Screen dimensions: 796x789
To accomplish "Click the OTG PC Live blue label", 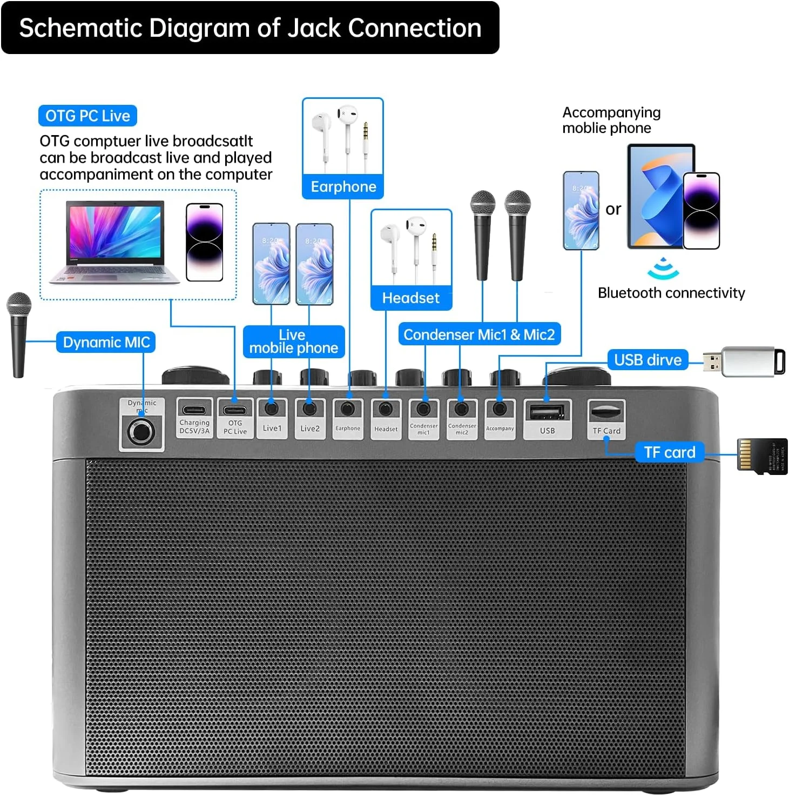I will pyautogui.click(x=87, y=116).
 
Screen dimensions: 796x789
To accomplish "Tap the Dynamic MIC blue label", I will pyautogui.click(x=106, y=343).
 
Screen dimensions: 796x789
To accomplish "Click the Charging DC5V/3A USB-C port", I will pyautogui.click(x=194, y=410).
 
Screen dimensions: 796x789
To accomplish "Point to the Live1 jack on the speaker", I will pyautogui.click(x=272, y=408).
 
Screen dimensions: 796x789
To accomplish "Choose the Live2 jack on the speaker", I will pyautogui.click(x=309, y=408).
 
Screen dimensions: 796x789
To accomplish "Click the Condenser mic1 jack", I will pyautogui.click(x=424, y=409).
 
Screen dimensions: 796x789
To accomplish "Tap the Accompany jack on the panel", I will pyautogui.click(x=500, y=409).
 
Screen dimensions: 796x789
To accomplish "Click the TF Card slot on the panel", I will pyautogui.click(x=606, y=412).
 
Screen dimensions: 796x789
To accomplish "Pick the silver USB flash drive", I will pyautogui.click(x=745, y=362).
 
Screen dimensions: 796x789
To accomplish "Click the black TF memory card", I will pyautogui.click(x=762, y=457).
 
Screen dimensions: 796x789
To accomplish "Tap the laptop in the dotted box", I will pyautogui.click(x=114, y=242).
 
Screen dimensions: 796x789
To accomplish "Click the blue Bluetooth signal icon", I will pyautogui.click(x=663, y=269).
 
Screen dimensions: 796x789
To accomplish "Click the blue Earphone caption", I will pyautogui.click(x=343, y=186).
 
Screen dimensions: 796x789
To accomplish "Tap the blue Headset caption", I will pyautogui.click(x=411, y=298).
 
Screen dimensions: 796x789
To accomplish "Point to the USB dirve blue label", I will pyautogui.click(x=648, y=360).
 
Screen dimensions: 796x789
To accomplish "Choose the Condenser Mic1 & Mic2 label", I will pyautogui.click(x=479, y=335).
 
